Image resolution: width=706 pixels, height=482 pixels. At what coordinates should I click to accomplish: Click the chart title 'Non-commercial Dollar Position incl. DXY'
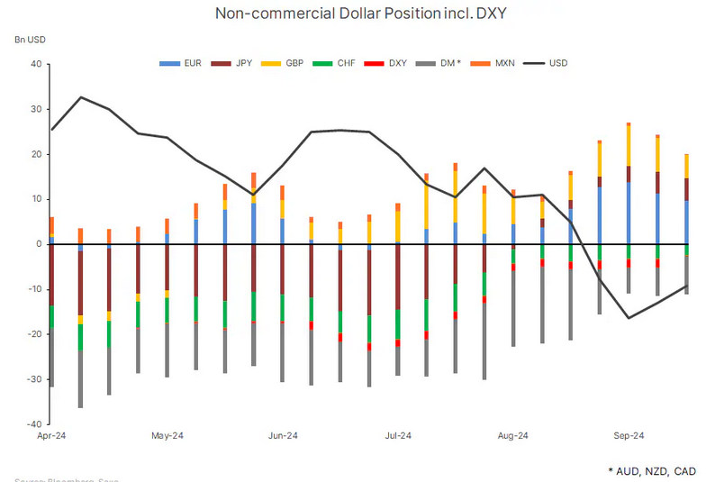point(353,14)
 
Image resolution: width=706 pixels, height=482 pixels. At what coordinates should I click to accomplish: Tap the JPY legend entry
point(236,63)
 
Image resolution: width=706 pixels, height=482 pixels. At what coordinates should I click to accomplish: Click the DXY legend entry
point(390,63)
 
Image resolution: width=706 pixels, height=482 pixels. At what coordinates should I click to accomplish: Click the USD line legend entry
point(549,63)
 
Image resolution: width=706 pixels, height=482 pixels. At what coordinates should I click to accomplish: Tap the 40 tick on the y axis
point(36,64)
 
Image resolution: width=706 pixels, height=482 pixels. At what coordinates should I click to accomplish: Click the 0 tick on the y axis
point(39,244)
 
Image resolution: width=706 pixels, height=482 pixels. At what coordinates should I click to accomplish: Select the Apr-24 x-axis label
point(52,436)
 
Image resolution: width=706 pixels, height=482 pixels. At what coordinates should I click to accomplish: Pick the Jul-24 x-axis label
point(398,436)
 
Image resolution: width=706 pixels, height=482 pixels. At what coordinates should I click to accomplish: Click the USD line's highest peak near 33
point(81,97)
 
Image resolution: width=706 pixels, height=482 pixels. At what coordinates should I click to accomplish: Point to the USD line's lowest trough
point(628,317)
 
